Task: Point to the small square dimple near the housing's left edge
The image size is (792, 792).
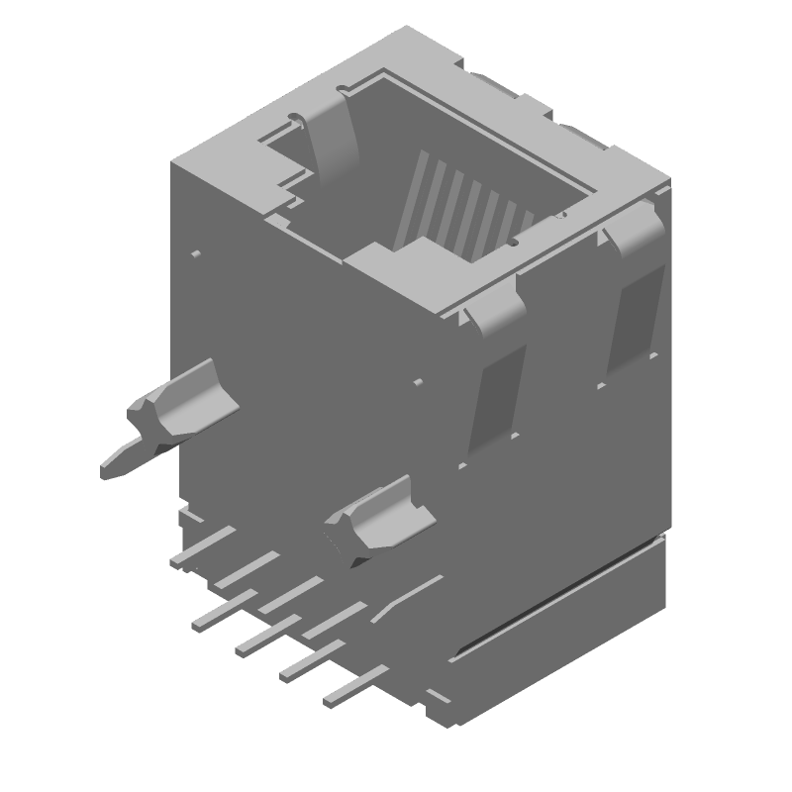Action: click(196, 254)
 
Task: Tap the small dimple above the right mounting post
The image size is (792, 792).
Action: click(418, 381)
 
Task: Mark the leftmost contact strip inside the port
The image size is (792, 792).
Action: click(412, 198)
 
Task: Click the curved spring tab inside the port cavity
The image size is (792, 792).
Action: click(332, 139)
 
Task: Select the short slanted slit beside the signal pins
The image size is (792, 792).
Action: click(406, 598)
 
